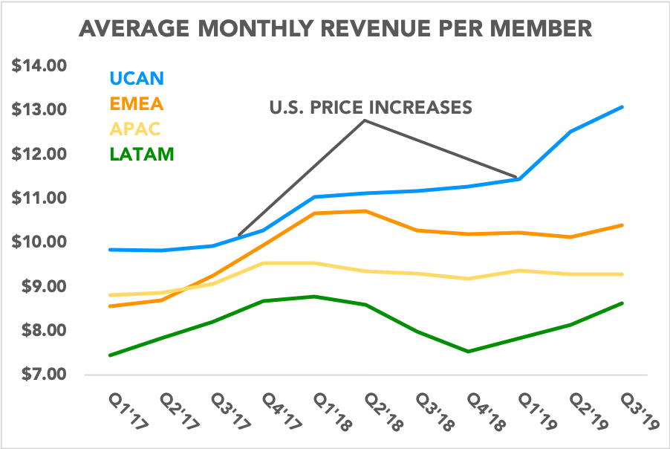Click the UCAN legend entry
(137, 78)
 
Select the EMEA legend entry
(137, 103)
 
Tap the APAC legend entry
(135, 129)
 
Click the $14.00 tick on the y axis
(39, 66)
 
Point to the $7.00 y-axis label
(39, 375)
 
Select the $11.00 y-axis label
(39, 198)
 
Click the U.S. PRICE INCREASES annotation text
(370, 108)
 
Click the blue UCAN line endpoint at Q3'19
(622, 107)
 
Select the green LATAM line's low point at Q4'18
(468, 352)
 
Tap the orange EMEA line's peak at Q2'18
(365, 211)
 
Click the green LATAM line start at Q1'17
(110, 355)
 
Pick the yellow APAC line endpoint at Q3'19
(622, 274)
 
